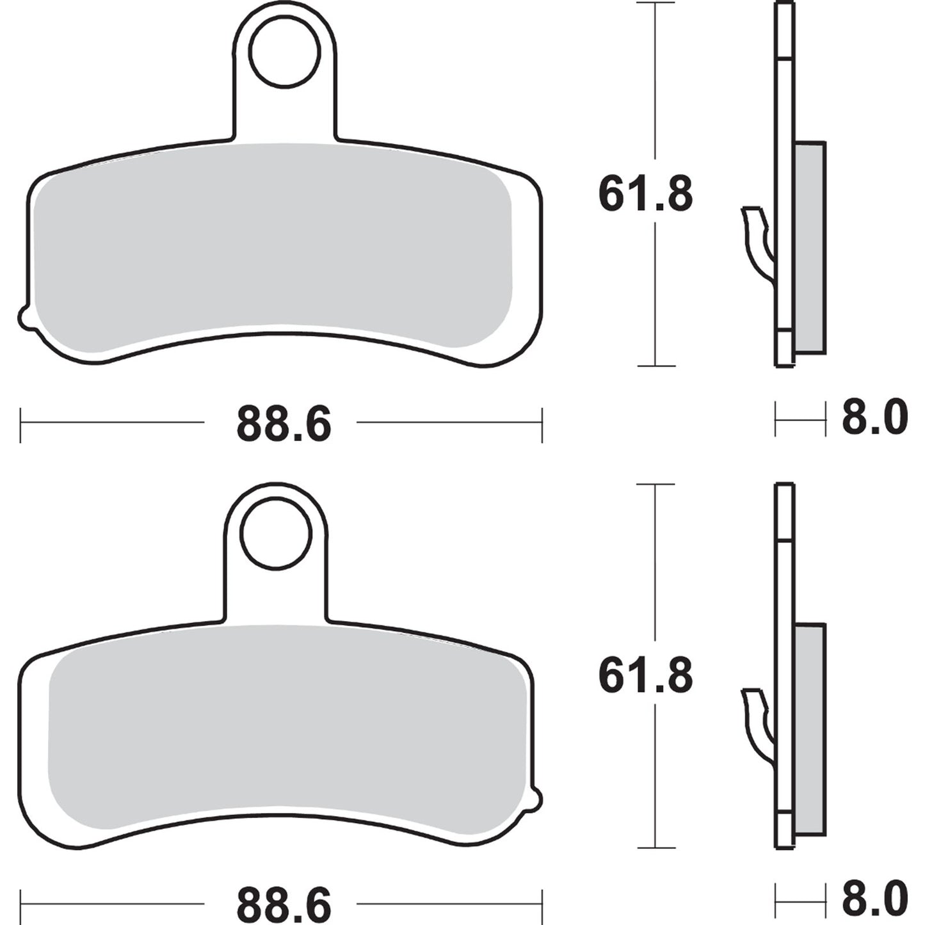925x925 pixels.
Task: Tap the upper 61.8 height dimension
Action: (x=645, y=195)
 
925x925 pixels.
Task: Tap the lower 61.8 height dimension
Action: (x=645, y=676)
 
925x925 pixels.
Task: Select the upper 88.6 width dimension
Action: (x=284, y=424)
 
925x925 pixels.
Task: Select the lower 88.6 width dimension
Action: (x=284, y=905)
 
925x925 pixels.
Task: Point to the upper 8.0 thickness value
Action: (x=874, y=418)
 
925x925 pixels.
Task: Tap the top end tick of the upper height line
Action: (x=655, y=3)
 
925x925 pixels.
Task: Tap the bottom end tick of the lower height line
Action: (x=655, y=848)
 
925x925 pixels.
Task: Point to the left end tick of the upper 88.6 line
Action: (x=20, y=423)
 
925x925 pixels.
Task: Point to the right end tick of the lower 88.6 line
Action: (x=542, y=904)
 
